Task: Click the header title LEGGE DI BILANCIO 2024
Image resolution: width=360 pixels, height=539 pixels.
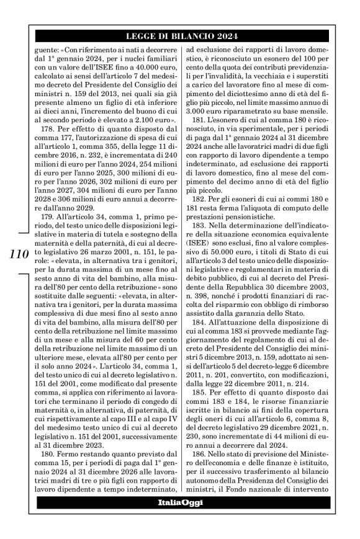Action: click(179, 35)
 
